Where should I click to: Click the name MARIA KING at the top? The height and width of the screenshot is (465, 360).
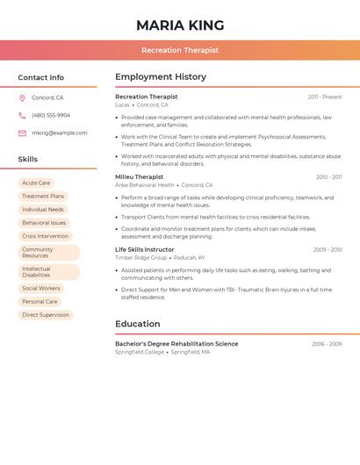(x=180, y=25)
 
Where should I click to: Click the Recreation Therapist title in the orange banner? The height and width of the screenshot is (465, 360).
(x=180, y=51)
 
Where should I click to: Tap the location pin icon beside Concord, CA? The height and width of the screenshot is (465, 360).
(x=22, y=98)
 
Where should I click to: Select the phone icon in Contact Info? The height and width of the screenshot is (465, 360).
(x=22, y=116)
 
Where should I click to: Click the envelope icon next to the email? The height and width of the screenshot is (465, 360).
(x=22, y=133)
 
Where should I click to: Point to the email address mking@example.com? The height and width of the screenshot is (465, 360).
(x=60, y=133)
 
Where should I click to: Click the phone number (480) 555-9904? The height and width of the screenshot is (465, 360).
(x=51, y=116)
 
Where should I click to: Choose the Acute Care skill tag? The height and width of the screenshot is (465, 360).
(x=36, y=183)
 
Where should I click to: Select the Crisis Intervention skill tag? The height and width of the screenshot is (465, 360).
(x=45, y=236)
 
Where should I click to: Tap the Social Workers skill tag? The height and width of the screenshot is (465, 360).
(x=41, y=289)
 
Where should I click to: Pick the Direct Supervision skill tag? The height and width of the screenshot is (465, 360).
(x=46, y=315)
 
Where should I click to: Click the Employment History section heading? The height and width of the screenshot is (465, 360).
(x=161, y=77)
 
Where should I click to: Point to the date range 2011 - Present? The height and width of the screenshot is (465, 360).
(x=325, y=97)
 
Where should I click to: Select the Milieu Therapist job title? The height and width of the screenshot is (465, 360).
(x=139, y=177)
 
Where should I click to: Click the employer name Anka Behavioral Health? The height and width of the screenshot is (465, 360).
(x=145, y=185)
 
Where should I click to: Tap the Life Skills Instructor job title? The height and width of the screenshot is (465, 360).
(x=145, y=250)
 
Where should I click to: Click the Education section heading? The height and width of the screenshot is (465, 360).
(x=137, y=325)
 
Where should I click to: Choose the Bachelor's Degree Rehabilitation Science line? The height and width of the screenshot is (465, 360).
(x=176, y=344)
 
